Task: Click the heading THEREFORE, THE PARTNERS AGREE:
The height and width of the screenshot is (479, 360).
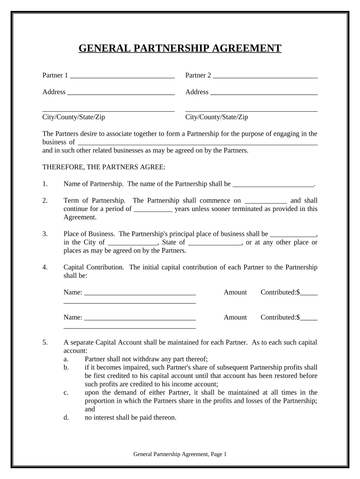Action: [x=104, y=167]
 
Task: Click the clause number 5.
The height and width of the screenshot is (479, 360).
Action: [x=45, y=342]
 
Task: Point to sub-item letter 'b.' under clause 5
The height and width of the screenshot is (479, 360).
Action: [x=66, y=367]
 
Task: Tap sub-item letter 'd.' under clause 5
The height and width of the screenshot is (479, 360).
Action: [x=66, y=418]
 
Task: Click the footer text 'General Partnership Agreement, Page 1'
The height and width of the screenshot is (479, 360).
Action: [x=180, y=454]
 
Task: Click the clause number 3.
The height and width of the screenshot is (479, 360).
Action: [x=45, y=234]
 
